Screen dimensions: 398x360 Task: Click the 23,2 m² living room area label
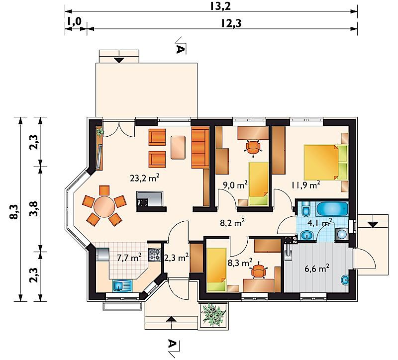click(x=145, y=178)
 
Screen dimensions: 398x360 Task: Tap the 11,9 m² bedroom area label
click(x=305, y=185)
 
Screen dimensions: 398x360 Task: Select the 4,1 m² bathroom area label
click(x=320, y=223)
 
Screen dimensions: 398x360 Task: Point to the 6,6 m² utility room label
click(x=317, y=268)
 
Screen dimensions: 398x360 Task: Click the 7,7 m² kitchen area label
click(x=129, y=258)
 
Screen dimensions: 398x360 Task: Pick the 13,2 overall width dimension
click(x=220, y=6)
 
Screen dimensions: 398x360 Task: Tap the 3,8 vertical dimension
click(x=34, y=208)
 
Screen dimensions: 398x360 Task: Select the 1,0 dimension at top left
click(x=74, y=21)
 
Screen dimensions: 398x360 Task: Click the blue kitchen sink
click(x=122, y=285)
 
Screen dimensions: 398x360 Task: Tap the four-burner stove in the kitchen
click(x=155, y=255)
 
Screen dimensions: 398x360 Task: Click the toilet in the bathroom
click(x=305, y=208)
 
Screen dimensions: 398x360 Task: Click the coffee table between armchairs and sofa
click(x=178, y=148)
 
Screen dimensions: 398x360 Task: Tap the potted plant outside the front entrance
click(x=213, y=315)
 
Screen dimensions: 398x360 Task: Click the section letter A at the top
click(x=180, y=49)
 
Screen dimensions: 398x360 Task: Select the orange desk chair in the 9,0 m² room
click(x=253, y=147)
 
